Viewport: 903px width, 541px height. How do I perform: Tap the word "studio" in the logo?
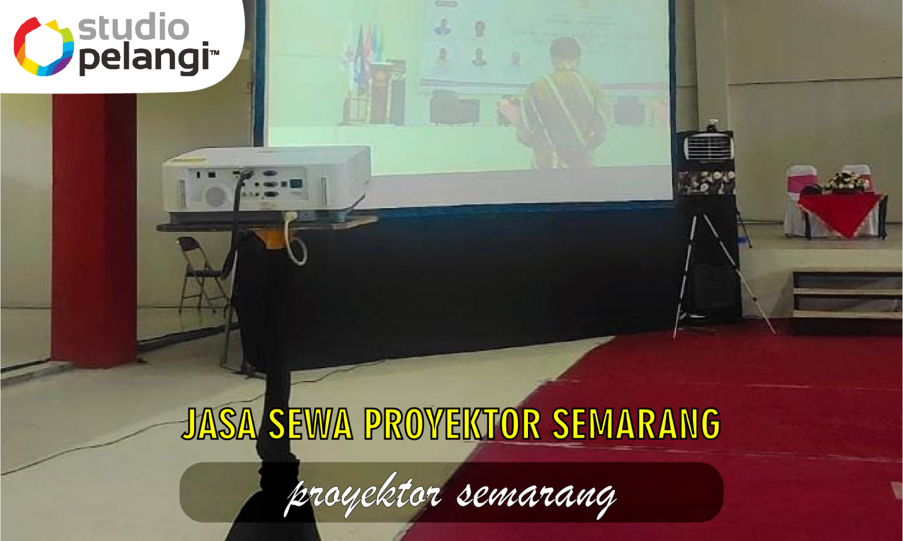point(134,28)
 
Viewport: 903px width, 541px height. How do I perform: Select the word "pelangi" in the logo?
point(144,59)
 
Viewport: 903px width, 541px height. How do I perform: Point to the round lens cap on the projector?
point(215,196)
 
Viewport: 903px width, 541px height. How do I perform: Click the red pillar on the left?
point(94,229)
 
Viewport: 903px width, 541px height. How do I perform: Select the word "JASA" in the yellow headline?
point(219,424)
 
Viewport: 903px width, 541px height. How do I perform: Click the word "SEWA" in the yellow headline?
point(310,424)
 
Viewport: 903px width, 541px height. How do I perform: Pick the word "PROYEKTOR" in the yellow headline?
point(451,424)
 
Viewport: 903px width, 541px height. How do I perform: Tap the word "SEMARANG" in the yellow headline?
point(636,424)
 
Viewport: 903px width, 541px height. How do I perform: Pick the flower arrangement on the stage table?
point(845,182)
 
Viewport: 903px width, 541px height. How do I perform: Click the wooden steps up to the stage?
point(847,294)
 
